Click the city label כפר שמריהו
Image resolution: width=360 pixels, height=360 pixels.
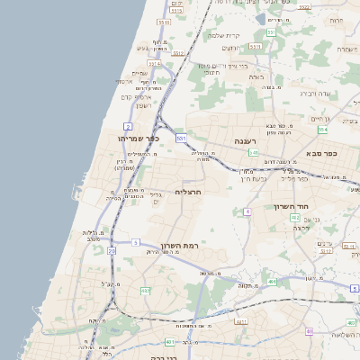[138, 139]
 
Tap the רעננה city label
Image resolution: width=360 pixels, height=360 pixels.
[246, 141]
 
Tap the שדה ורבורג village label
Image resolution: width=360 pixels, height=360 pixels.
[315, 94]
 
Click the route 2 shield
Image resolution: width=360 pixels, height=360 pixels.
[129, 126]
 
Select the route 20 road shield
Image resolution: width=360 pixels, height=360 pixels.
[112, 252]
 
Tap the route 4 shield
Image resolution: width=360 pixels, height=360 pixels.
[246, 211]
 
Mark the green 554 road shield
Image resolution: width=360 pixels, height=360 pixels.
[321, 130]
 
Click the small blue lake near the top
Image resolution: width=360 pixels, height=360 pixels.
[259, 18]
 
